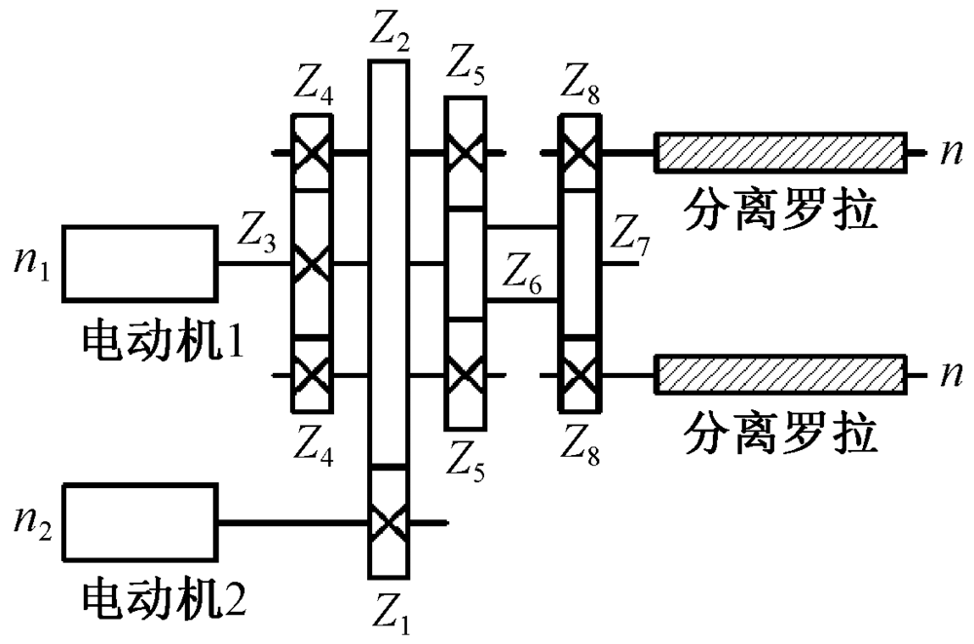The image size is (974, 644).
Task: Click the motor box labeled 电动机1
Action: (140, 263)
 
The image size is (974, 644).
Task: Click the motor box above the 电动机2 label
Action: (140, 522)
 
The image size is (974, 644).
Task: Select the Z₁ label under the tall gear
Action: (390, 613)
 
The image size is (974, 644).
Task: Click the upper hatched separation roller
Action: (778, 153)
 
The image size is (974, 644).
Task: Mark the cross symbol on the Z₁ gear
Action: (389, 522)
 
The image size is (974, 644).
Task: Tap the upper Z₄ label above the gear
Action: (312, 94)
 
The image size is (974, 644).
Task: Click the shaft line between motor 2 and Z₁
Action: (292, 522)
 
